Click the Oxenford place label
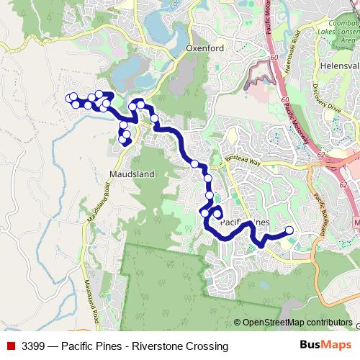[x=205, y=48]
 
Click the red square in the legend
[x=11, y=346]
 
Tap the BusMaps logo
[x=326, y=346]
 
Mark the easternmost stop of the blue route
[x=290, y=230]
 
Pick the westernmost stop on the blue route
[x=69, y=98]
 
